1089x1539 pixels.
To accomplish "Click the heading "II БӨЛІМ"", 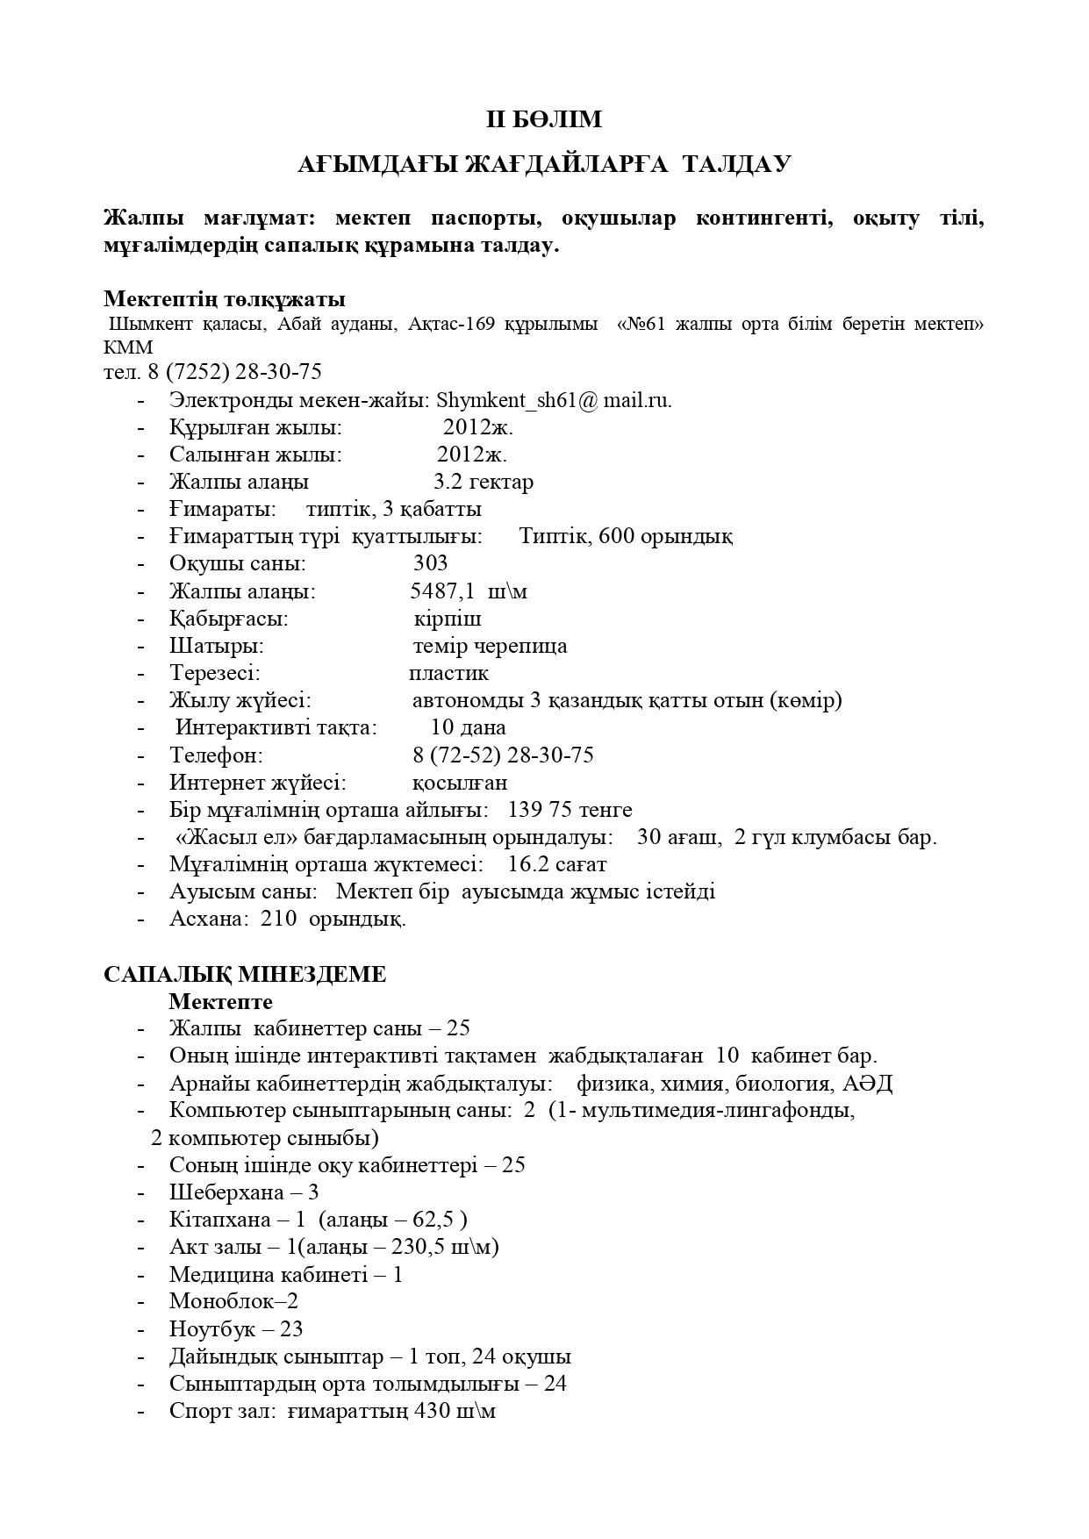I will pyautogui.click(x=544, y=119).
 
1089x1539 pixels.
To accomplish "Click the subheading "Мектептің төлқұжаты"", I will pyautogui.click(x=224, y=299).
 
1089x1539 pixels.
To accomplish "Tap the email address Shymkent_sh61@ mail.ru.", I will pyautogui.click(x=554, y=400).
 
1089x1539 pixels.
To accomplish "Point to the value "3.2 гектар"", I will pyautogui.click(x=483, y=482).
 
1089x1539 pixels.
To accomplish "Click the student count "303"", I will pyautogui.click(x=430, y=563).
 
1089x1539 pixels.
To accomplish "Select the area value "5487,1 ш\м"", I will pyautogui.click(x=469, y=591).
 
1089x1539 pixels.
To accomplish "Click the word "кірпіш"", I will pyautogui.click(x=447, y=619).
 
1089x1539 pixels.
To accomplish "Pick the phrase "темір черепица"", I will pyautogui.click(x=490, y=646).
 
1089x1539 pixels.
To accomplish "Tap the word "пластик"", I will pyautogui.click(x=448, y=673).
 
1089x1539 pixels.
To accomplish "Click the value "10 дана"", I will pyautogui.click(x=468, y=727).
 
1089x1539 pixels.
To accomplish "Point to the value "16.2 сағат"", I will pyautogui.click(x=556, y=864).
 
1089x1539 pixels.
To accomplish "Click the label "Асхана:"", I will pyautogui.click(x=197, y=919).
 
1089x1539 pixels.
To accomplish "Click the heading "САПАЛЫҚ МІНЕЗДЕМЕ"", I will pyautogui.click(x=245, y=974).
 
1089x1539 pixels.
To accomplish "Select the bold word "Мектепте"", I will pyautogui.click(x=220, y=1001).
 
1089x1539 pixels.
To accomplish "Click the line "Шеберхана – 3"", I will pyautogui.click(x=244, y=1192).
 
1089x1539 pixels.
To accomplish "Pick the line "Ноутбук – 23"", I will pyautogui.click(x=236, y=1329).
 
